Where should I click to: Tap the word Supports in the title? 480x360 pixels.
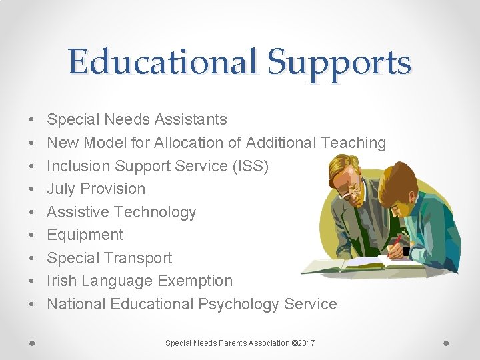click(339, 63)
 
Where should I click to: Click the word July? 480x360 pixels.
click(61, 189)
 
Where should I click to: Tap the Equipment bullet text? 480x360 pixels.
click(85, 235)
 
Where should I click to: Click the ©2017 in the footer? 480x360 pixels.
click(303, 343)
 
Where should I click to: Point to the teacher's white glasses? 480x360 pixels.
click(348, 191)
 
